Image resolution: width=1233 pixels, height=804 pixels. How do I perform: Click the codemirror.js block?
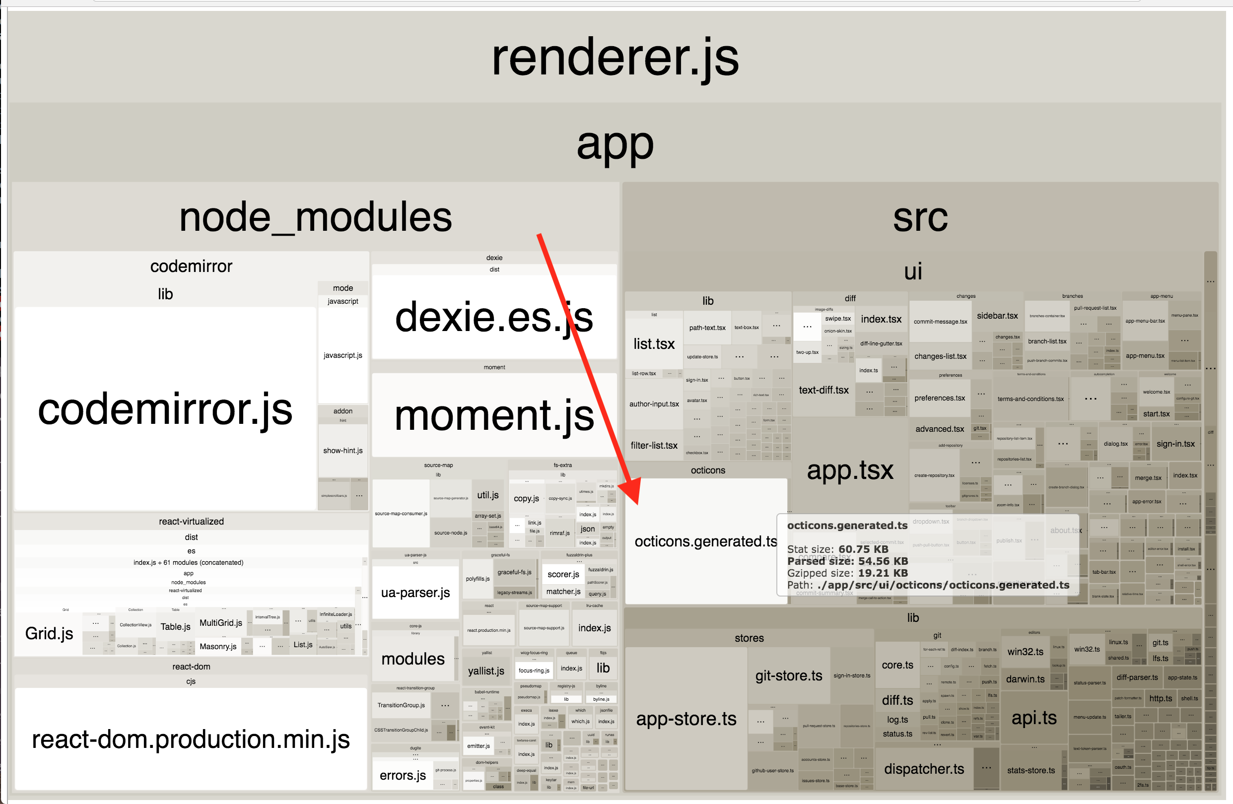click(165, 409)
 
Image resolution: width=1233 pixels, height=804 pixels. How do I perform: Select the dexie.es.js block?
click(494, 317)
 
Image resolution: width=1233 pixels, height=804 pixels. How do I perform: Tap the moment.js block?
click(494, 415)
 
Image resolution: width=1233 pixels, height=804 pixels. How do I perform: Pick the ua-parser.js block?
click(415, 592)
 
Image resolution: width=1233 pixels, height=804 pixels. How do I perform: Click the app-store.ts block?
click(686, 719)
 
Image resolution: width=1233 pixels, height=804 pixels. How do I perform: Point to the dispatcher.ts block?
click(924, 769)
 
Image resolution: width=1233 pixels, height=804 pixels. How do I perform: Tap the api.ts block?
click(1033, 718)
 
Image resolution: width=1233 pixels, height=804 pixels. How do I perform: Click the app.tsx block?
click(850, 470)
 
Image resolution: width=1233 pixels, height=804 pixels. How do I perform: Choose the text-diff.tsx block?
click(823, 390)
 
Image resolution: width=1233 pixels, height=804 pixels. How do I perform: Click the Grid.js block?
click(49, 633)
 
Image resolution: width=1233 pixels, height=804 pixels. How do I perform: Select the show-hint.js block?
click(342, 451)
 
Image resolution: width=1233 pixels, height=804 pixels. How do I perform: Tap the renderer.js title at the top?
click(615, 58)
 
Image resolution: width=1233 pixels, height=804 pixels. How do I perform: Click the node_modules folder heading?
click(315, 217)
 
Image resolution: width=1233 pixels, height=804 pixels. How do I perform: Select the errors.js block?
click(403, 775)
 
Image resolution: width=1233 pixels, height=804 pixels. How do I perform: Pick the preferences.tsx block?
click(939, 398)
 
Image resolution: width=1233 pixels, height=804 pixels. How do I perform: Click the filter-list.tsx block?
click(654, 446)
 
